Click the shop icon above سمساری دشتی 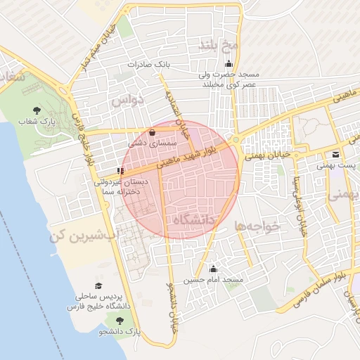[153, 132]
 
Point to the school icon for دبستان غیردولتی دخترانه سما [121, 170]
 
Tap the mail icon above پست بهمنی [335, 155]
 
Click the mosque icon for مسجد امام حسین [213, 269]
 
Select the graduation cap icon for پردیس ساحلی [99, 285]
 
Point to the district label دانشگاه [193, 220]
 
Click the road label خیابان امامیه [179, 112]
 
